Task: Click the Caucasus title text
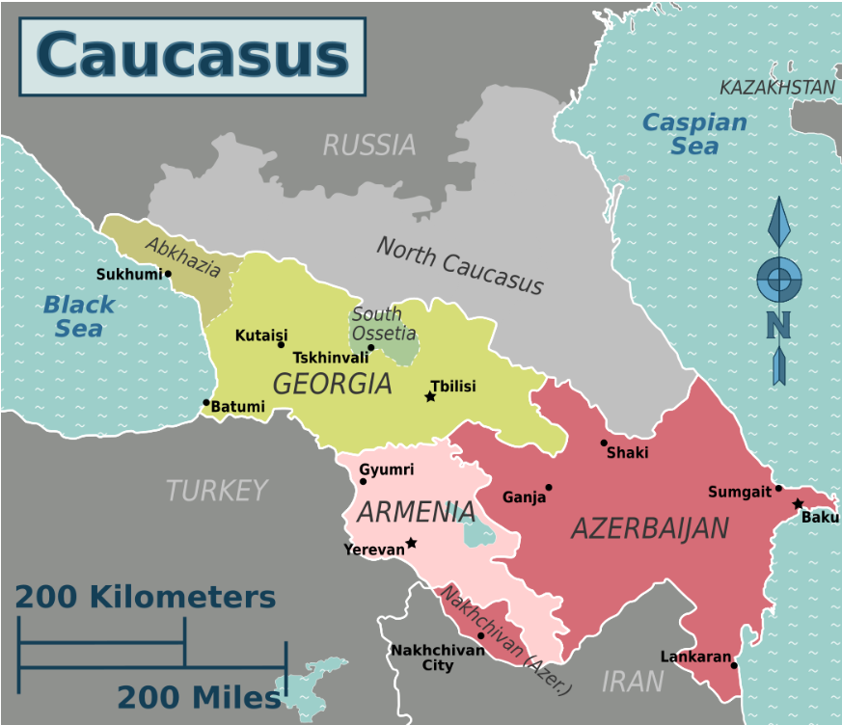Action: click(192, 55)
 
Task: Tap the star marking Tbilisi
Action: click(430, 396)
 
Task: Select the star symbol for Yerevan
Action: click(411, 543)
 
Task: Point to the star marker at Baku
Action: click(798, 503)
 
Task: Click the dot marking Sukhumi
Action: click(168, 273)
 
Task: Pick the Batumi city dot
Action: click(205, 403)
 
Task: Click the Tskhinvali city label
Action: click(331, 357)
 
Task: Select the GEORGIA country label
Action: click(332, 384)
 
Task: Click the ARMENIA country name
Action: click(415, 512)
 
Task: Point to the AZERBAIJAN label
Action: click(649, 528)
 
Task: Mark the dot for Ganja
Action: click(549, 488)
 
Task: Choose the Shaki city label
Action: click(627, 453)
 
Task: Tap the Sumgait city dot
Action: click(778, 488)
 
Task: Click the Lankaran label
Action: click(694, 657)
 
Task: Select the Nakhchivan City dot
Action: click(481, 635)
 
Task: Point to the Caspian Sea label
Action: click(694, 134)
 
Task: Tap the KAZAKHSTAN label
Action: click(777, 88)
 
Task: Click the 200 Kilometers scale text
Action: click(145, 597)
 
